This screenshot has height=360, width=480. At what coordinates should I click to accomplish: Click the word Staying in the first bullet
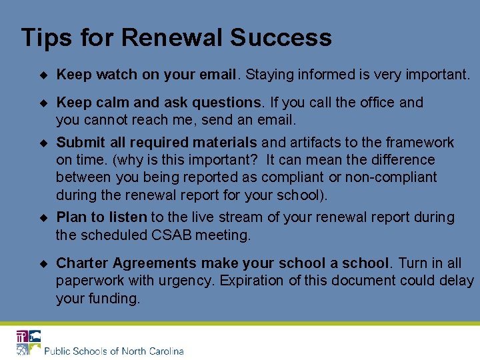point(268,75)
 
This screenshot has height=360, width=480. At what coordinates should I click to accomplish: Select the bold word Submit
point(79,143)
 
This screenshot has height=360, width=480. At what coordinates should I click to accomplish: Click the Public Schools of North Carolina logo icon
point(29,342)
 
